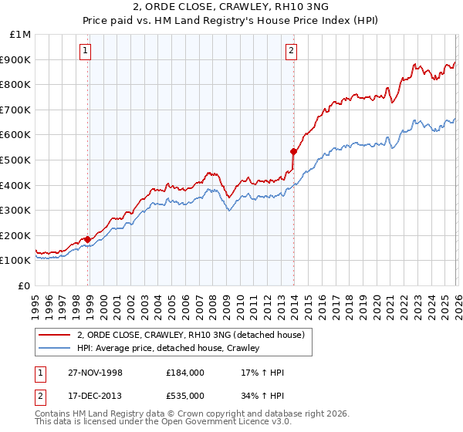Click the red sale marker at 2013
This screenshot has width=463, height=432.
tap(293, 151)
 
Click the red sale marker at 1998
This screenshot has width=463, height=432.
tap(88, 239)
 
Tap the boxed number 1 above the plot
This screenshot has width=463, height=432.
tap(84, 52)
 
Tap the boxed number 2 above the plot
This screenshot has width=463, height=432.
tap(291, 52)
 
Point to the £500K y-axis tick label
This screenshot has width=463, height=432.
tap(16, 160)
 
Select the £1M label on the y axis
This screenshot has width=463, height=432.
tap(20, 34)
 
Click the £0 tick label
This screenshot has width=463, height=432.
tap(24, 285)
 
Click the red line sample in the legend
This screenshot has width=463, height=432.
tap(55, 335)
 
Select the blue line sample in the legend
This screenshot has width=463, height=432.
tap(55, 348)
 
